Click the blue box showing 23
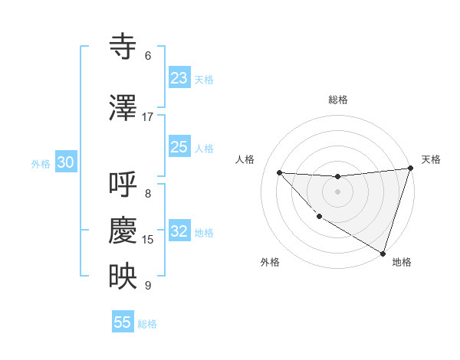pyautogui.click(x=179, y=78)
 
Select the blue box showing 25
pyautogui.click(x=179, y=147)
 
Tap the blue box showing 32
pyautogui.click(x=179, y=231)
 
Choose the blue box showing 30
pyautogui.click(x=65, y=162)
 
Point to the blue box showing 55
pyautogui.click(x=123, y=322)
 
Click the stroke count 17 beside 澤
pyautogui.click(x=148, y=117)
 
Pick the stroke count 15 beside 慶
pyautogui.click(x=148, y=240)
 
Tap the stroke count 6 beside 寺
pyautogui.click(x=148, y=56)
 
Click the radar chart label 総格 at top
pyautogui.click(x=338, y=100)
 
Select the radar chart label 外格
pyautogui.click(x=270, y=262)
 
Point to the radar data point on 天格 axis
pyautogui.click(x=411, y=169)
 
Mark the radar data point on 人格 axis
pyautogui.click(x=279, y=172)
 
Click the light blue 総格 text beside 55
pyautogui.click(x=147, y=324)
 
